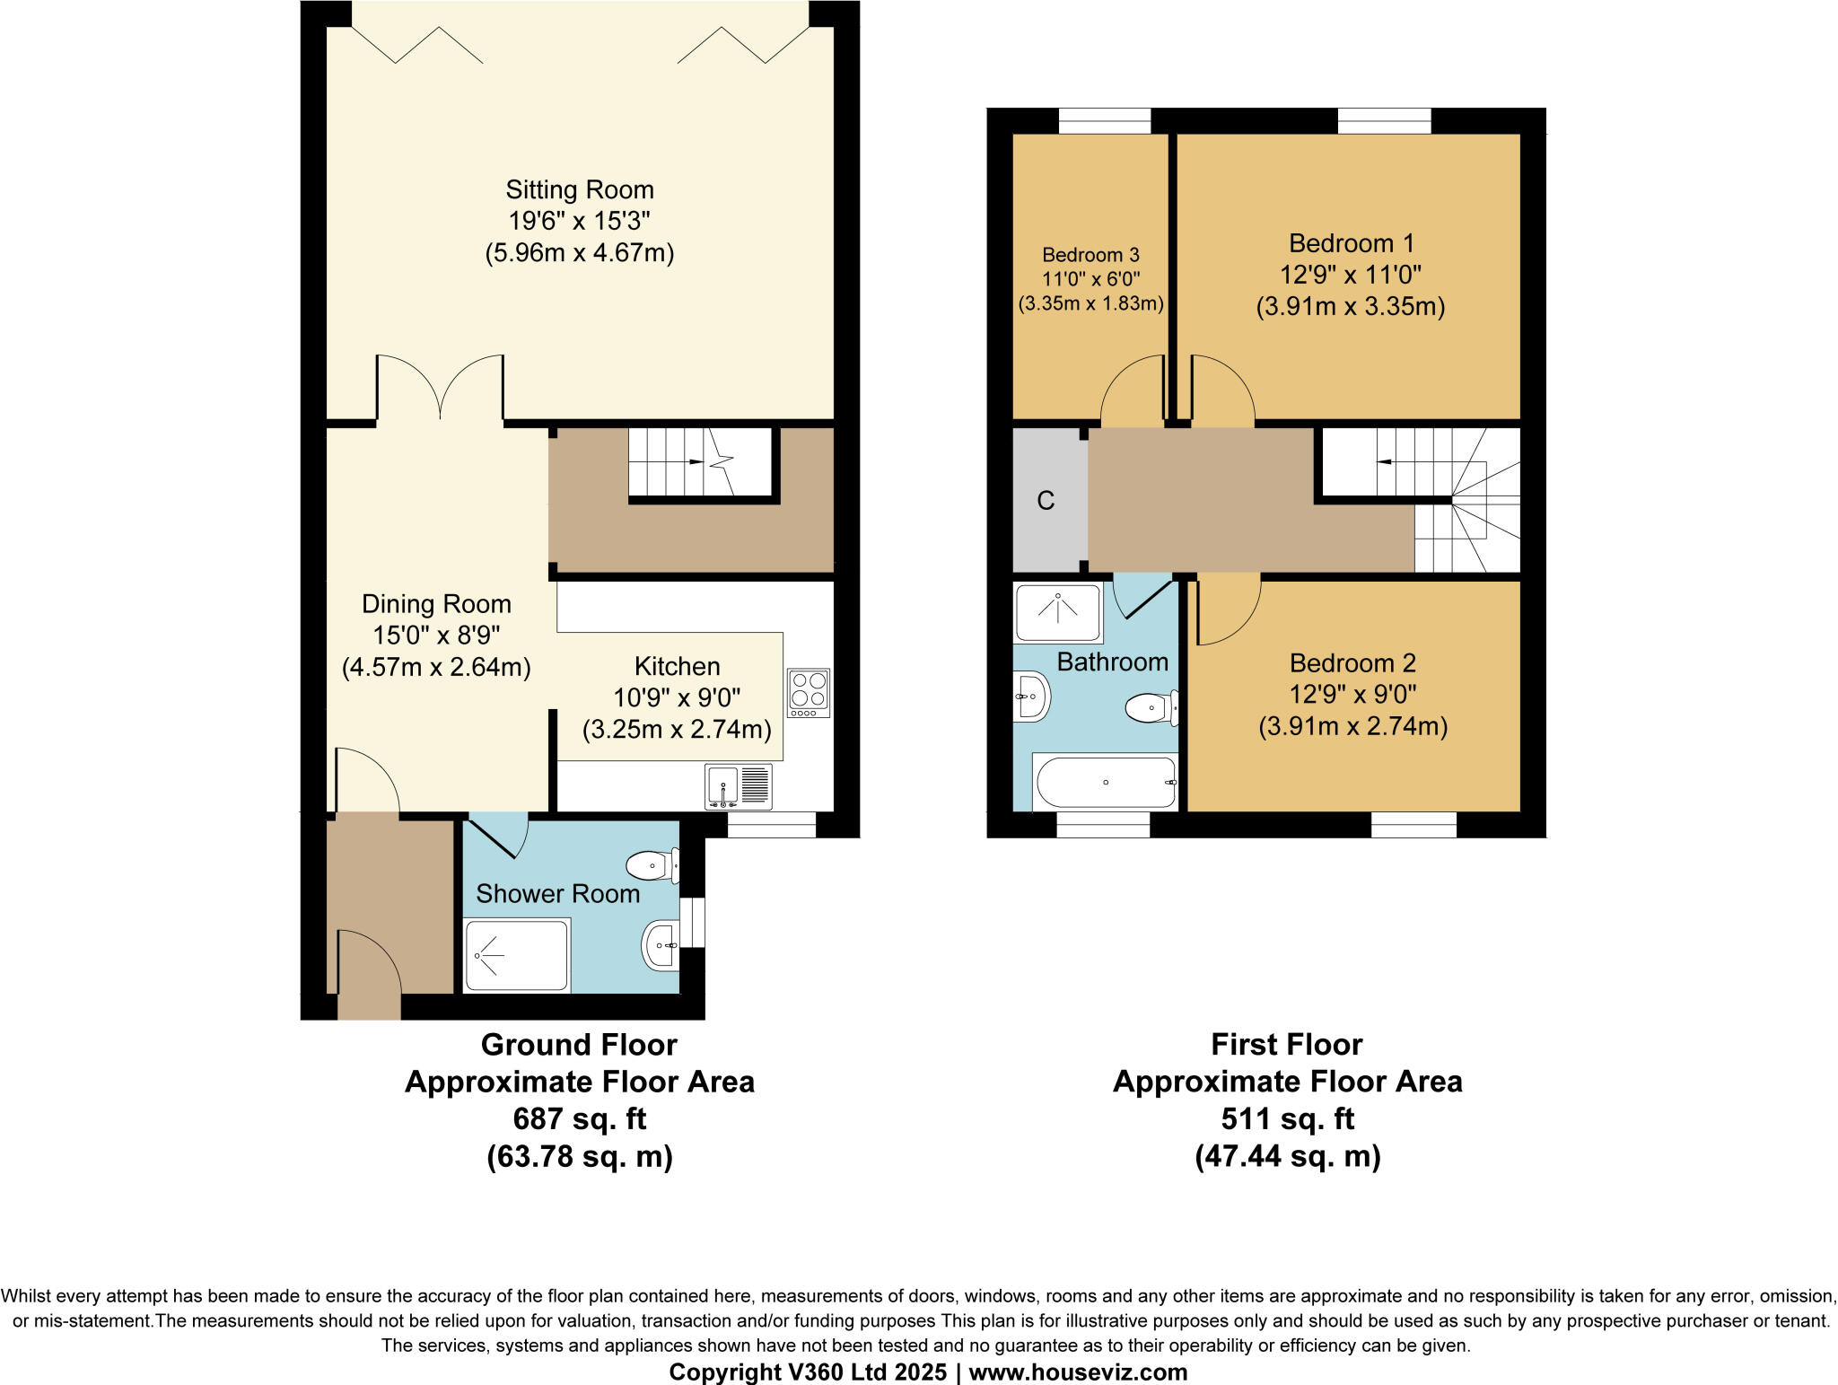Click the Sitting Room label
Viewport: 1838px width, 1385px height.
tap(579, 189)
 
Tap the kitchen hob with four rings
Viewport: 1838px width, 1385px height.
tap(809, 692)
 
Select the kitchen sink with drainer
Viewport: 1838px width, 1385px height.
tap(739, 787)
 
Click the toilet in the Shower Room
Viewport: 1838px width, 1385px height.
tap(652, 866)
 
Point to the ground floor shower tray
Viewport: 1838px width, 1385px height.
tap(516, 955)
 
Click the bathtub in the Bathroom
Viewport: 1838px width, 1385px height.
tap(1105, 782)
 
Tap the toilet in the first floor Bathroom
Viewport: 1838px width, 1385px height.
tap(1151, 709)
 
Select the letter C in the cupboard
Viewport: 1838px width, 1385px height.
tap(1046, 501)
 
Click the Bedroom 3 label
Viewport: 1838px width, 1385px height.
tap(1090, 255)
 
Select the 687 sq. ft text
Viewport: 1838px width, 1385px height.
tap(579, 1118)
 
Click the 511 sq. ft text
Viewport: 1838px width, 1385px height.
tap(1287, 1118)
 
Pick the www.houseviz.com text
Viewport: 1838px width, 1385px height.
tap(1078, 1372)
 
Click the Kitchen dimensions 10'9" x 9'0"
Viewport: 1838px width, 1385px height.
tap(677, 697)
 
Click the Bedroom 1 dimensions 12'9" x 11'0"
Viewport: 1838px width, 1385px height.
tap(1351, 275)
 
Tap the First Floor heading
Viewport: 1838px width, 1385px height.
tap(1287, 1044)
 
